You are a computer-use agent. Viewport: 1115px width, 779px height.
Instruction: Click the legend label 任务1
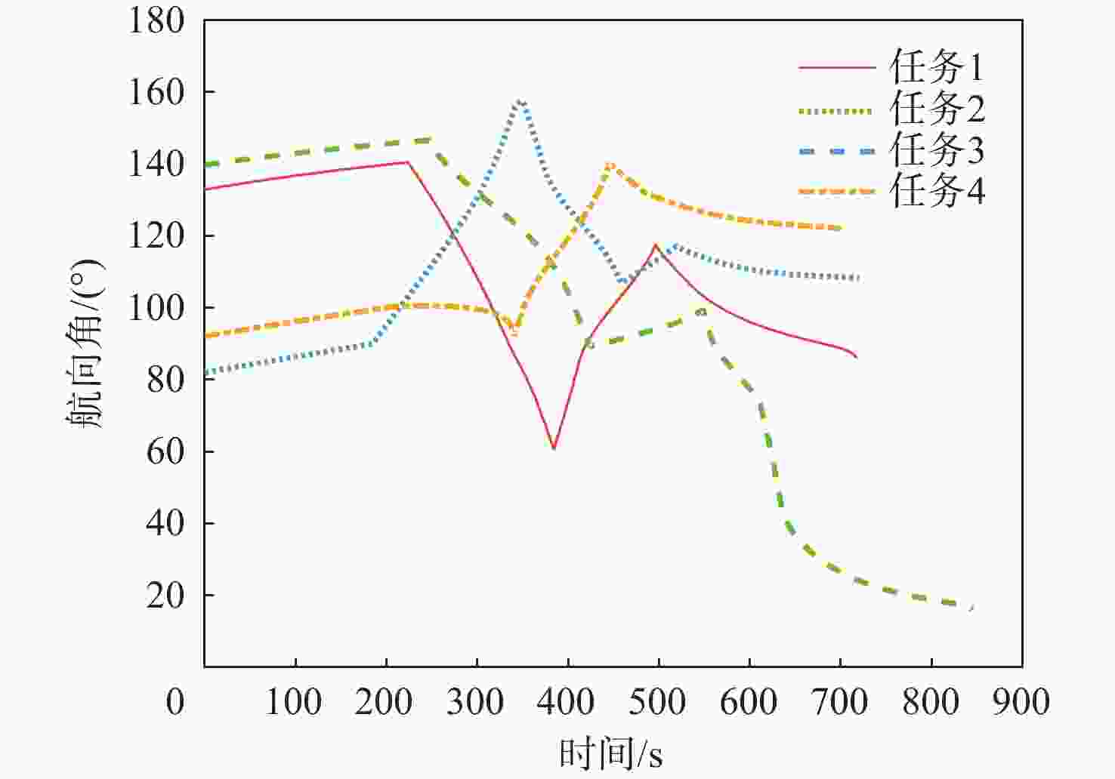click(937, 68)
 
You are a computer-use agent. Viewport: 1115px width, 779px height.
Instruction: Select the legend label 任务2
click(937, 109)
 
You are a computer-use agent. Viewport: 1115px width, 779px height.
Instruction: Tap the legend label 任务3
click(937, 150)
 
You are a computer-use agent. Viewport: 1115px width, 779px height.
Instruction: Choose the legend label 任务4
click(937, 191)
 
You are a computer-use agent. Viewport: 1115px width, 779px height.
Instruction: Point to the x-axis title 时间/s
click(611, 753)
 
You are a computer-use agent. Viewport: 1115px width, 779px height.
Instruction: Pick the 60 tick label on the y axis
click(165, 451)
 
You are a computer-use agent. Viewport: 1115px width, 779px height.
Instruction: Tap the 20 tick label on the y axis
click(165, 596)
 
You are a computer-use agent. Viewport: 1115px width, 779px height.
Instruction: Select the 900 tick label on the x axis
click(1021, 703)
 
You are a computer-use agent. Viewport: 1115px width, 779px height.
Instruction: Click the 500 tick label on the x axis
click(658, 703)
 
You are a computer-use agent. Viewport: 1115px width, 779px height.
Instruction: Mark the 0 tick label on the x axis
click(175, 703)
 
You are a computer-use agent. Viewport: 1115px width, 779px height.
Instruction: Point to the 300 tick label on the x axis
click(476, 703)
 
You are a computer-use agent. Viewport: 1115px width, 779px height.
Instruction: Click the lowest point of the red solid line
click(554, 448)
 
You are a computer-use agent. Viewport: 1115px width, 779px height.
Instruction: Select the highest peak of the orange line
click(610, 164)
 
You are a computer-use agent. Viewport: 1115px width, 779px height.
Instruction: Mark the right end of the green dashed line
click(972, 607)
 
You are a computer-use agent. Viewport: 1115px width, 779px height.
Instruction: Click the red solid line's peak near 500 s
click(655, 245)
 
